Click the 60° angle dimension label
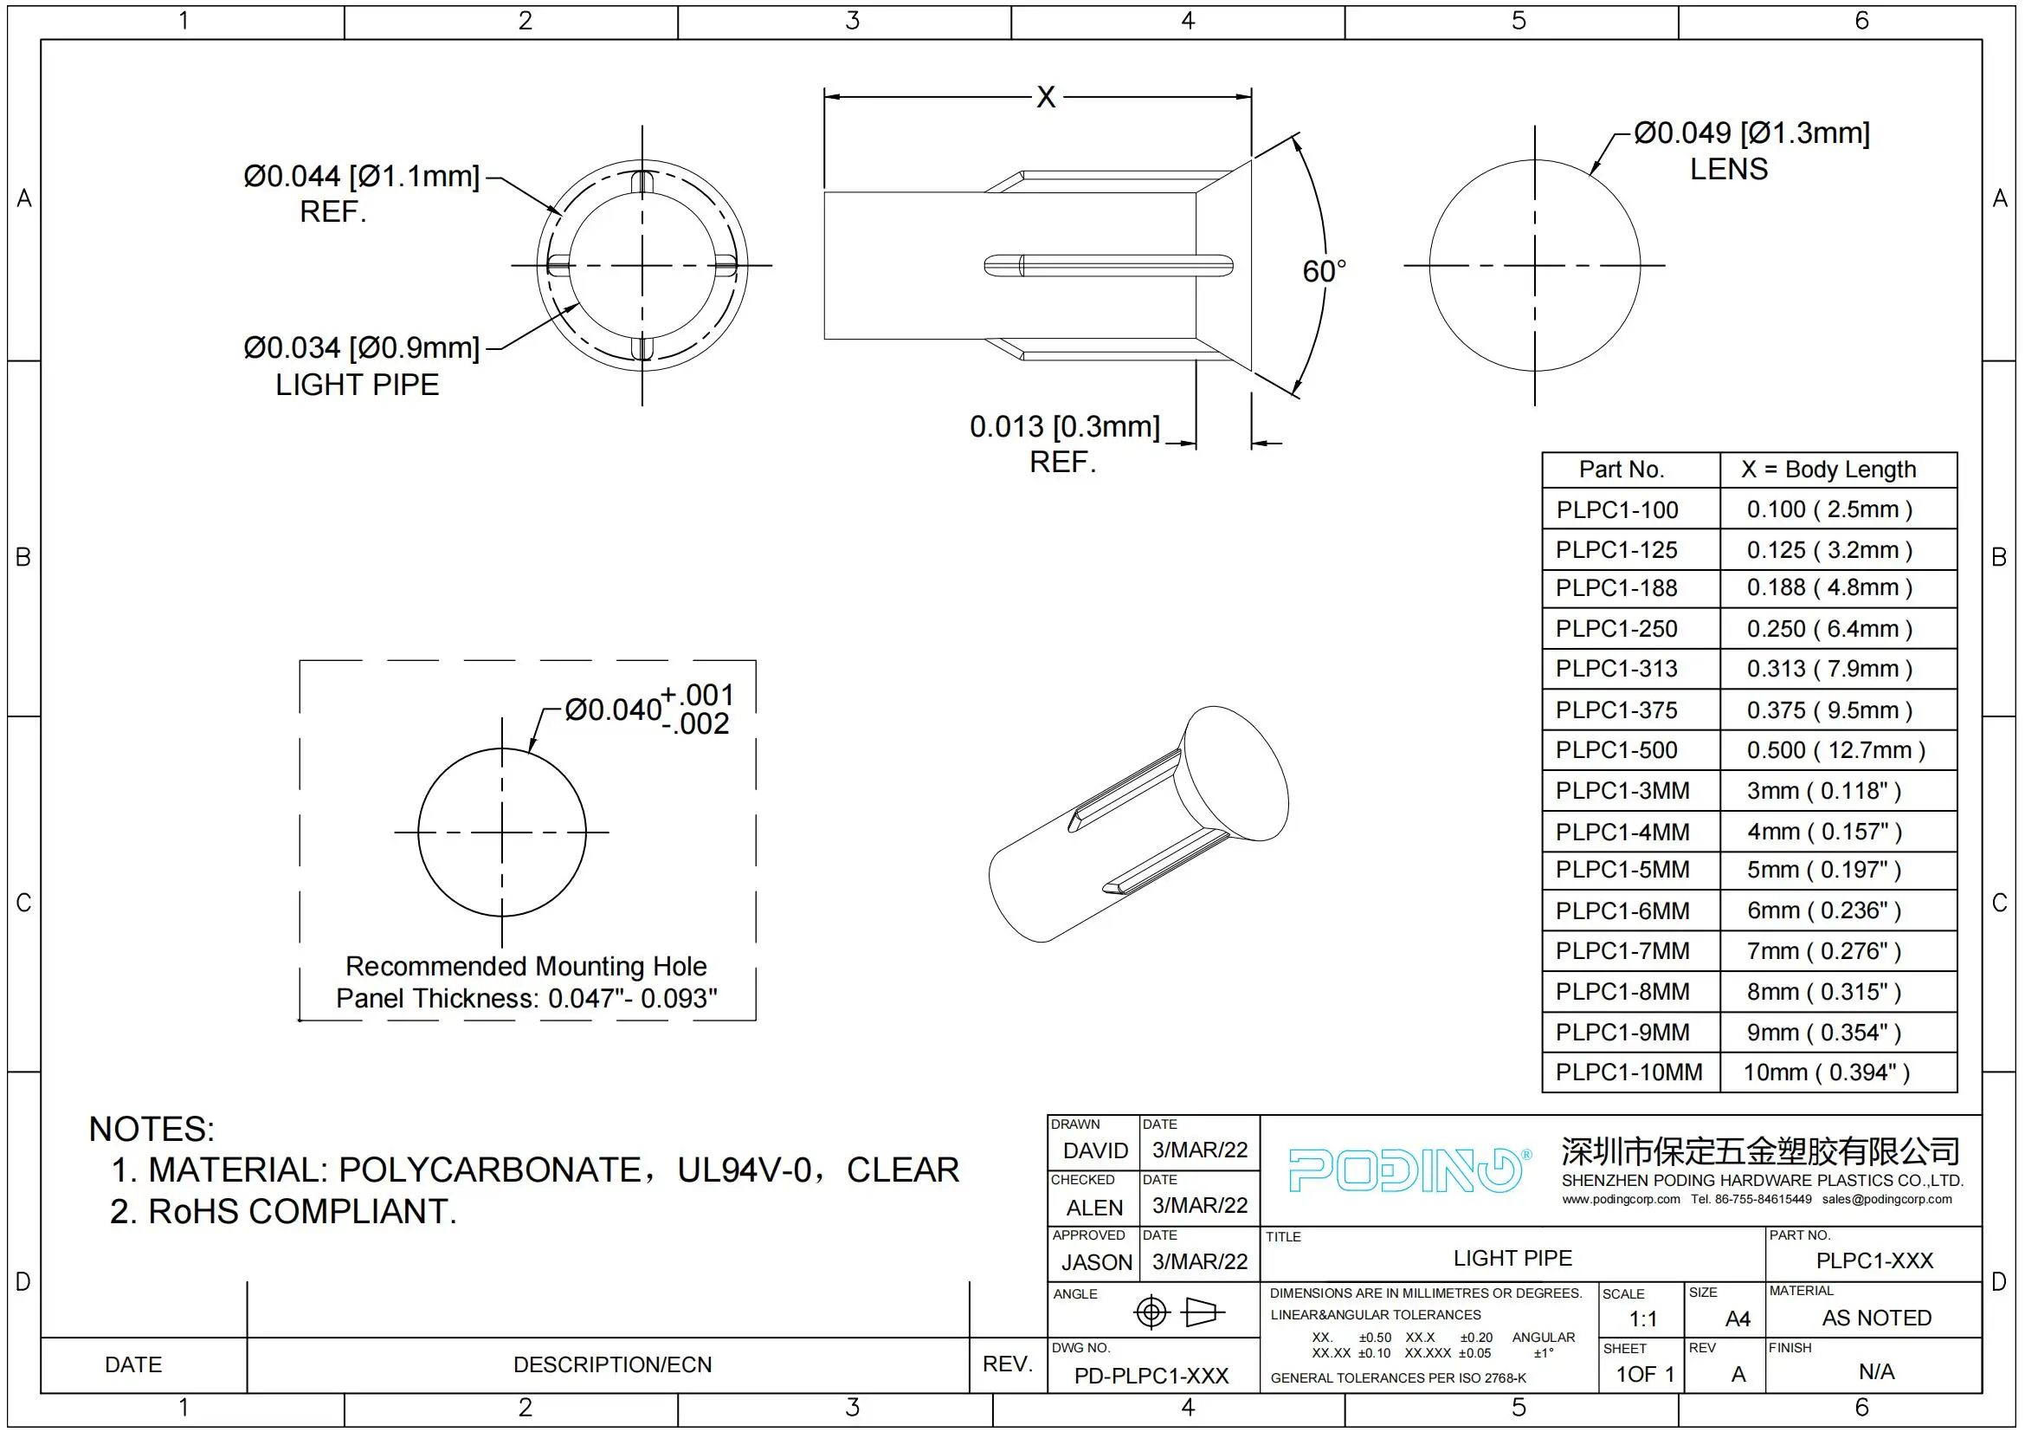[x=1323, y=271]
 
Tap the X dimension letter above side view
[x=1045, y=96]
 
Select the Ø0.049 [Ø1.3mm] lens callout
[x=1751, y=133]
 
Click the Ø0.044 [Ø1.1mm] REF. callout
[x=361, y=177]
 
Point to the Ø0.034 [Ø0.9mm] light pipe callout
[x=361, y=347]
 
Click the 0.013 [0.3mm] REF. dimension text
[x=1065, y=427]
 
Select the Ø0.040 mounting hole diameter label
[x=613, y=710]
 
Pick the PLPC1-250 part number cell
[x=1615, y=628]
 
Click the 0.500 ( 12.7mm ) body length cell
[x=1835, y=750]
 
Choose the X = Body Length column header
[x=1828, y=470]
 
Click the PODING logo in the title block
[x=1407, y=1170]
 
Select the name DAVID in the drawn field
[x=1095, y=1150]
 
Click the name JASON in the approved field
[x=1096, y=1262]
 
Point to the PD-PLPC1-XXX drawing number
[x=1151, y=1376]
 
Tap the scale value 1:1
[x=1642, y=1319]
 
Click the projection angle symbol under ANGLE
[x=1178, y=1312]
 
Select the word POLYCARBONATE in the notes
[x=489, y=1170]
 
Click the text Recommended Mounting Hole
[x=526, y=966]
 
